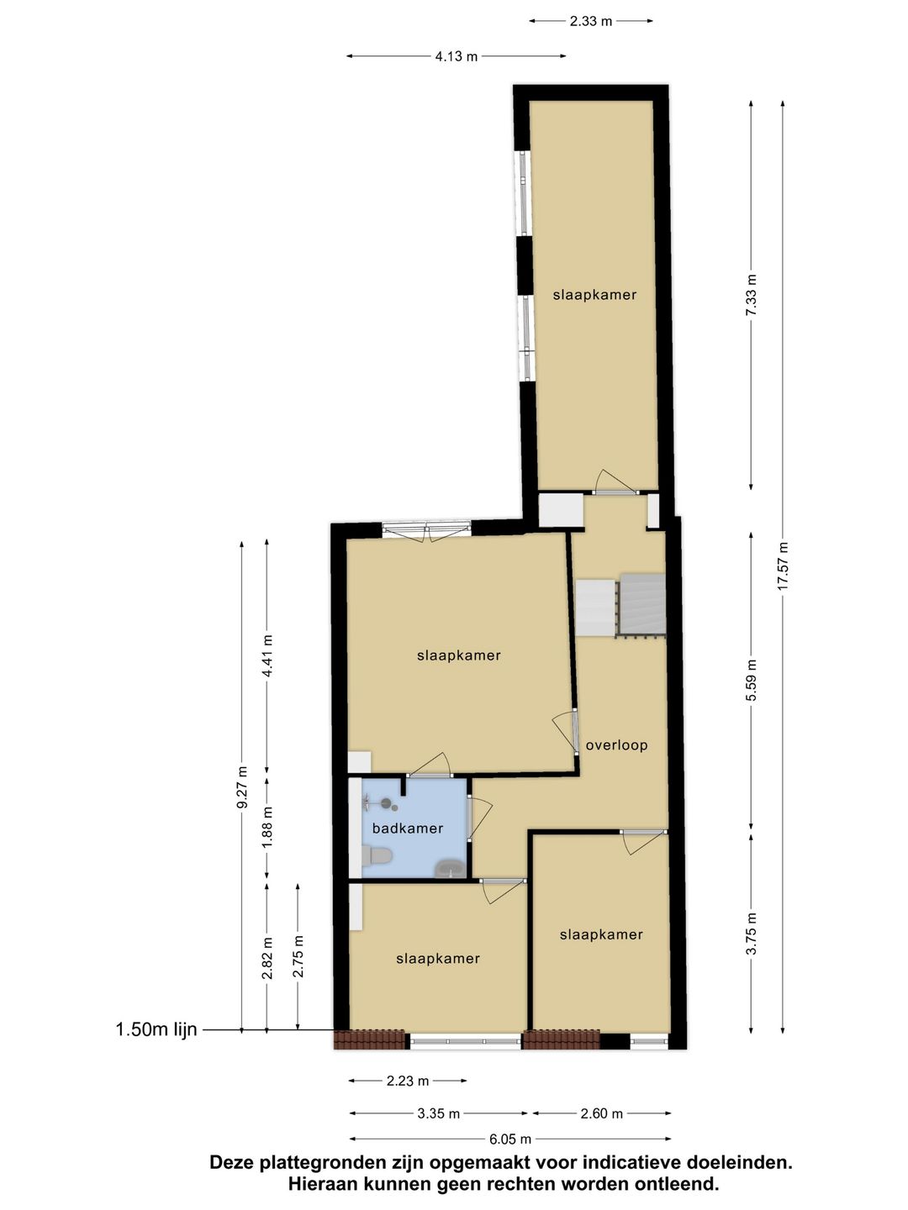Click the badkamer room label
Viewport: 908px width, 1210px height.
[408, 829]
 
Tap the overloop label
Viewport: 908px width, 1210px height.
[616, 745]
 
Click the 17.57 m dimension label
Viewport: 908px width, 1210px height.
[783, 566]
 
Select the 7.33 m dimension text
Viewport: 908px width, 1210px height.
[751, 295]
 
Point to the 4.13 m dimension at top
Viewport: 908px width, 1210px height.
[456, 56]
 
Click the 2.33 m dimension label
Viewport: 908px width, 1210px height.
[590, 21]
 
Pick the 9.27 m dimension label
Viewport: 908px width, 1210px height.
[242, 787]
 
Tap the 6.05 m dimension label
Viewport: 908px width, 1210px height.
[510, 1139]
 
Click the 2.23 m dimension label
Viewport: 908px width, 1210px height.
[408, 1081]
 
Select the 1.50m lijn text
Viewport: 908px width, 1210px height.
[156, 1030]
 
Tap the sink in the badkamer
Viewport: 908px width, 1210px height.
[450, 869]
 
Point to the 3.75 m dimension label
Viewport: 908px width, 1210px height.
[752, 934]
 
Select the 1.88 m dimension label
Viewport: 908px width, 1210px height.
[267, 828]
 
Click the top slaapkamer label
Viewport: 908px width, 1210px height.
[594, 295]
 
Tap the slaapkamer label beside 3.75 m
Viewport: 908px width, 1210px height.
[601, 934]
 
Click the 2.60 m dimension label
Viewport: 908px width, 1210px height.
[601, 1114]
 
